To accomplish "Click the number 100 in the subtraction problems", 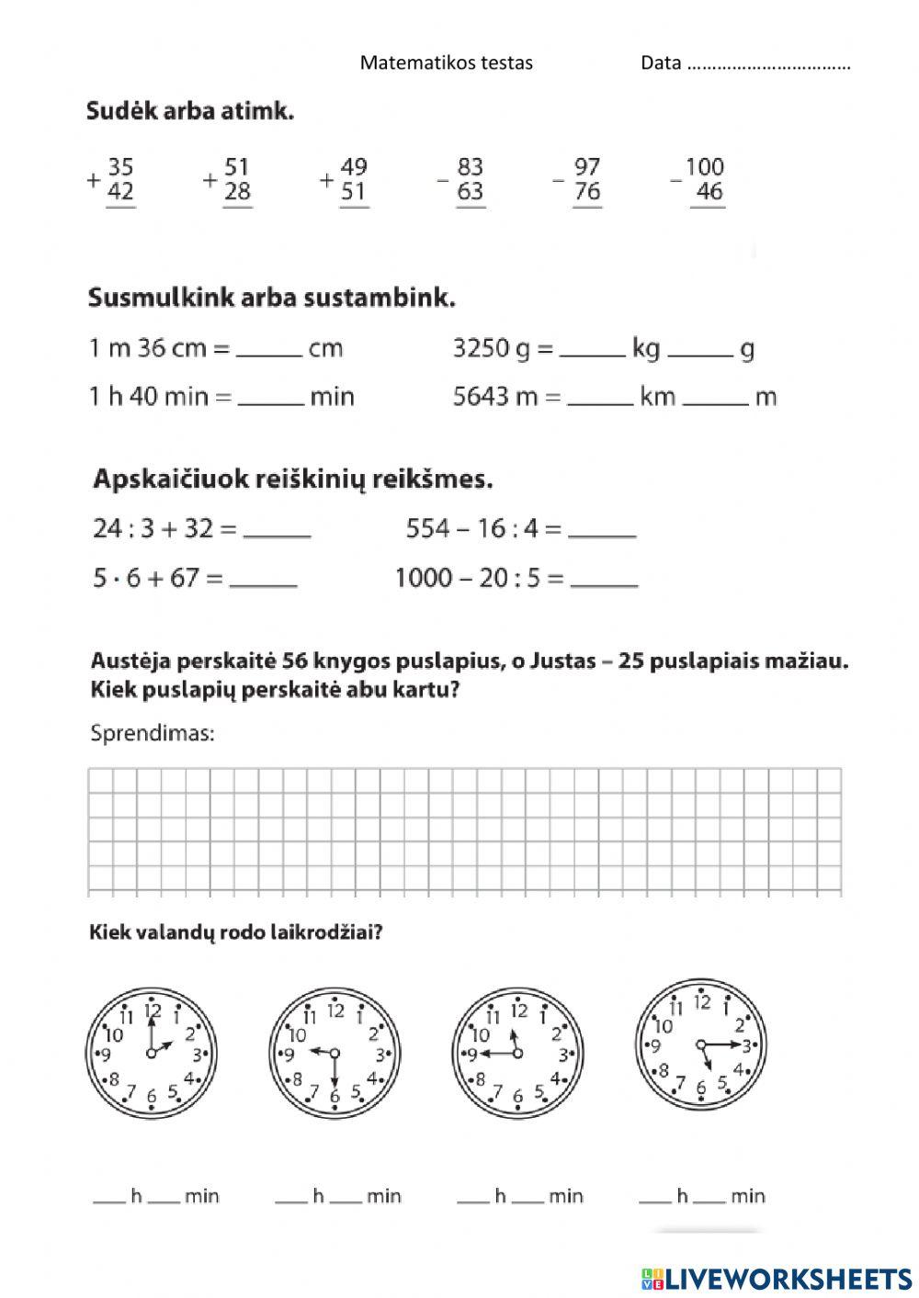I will click(705, 167).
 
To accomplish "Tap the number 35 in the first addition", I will click(120, 167).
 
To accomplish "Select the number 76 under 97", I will click(587, 192).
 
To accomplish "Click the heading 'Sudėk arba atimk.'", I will click(190, 112).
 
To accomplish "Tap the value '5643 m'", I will click(497, 397).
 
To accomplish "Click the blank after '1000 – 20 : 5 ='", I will click(604, 580).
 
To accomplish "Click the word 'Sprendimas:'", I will click(153, 733).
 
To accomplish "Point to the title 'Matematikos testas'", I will click(446, 62).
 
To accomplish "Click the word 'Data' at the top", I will click(661, 62).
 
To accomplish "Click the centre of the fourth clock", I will click(701, 1044).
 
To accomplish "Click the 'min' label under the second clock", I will click(383, 1196).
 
